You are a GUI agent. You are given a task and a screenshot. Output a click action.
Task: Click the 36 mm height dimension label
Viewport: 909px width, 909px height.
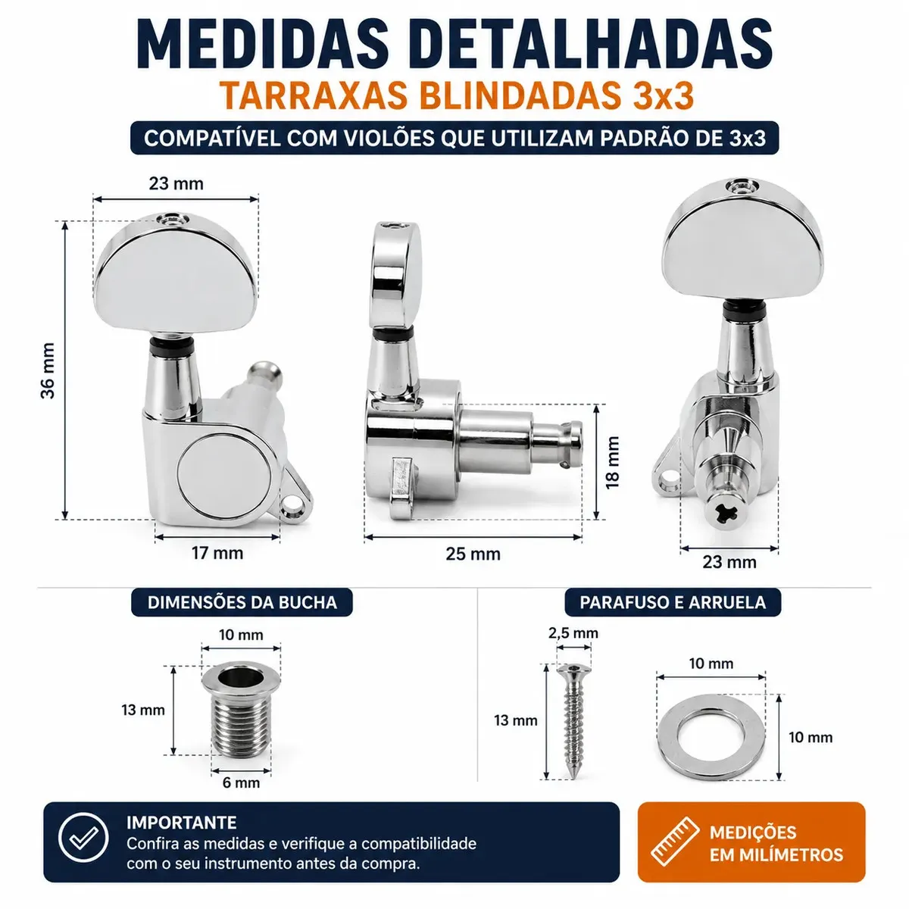point(48,370)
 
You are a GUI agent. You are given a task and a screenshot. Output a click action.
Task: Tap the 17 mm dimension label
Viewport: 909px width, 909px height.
point(217,553)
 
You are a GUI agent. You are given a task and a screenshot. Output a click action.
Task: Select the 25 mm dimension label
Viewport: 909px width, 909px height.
point(473,554)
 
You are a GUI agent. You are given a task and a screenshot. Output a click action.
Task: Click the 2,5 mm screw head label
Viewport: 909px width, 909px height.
point(573,633)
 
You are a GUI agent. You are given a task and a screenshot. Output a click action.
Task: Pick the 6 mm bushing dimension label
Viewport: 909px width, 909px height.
point(241,782)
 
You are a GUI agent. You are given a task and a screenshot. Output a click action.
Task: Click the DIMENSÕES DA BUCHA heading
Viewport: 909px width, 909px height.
point(242,602)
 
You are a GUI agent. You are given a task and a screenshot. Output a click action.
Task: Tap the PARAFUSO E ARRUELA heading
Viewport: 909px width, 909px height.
point(673,602)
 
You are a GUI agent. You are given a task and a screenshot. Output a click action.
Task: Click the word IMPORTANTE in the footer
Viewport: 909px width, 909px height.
point(182,822)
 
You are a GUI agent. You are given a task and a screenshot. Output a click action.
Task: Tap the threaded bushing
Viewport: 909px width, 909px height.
point(241,713)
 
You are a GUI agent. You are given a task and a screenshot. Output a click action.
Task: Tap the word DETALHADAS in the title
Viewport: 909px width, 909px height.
point(590,45)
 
